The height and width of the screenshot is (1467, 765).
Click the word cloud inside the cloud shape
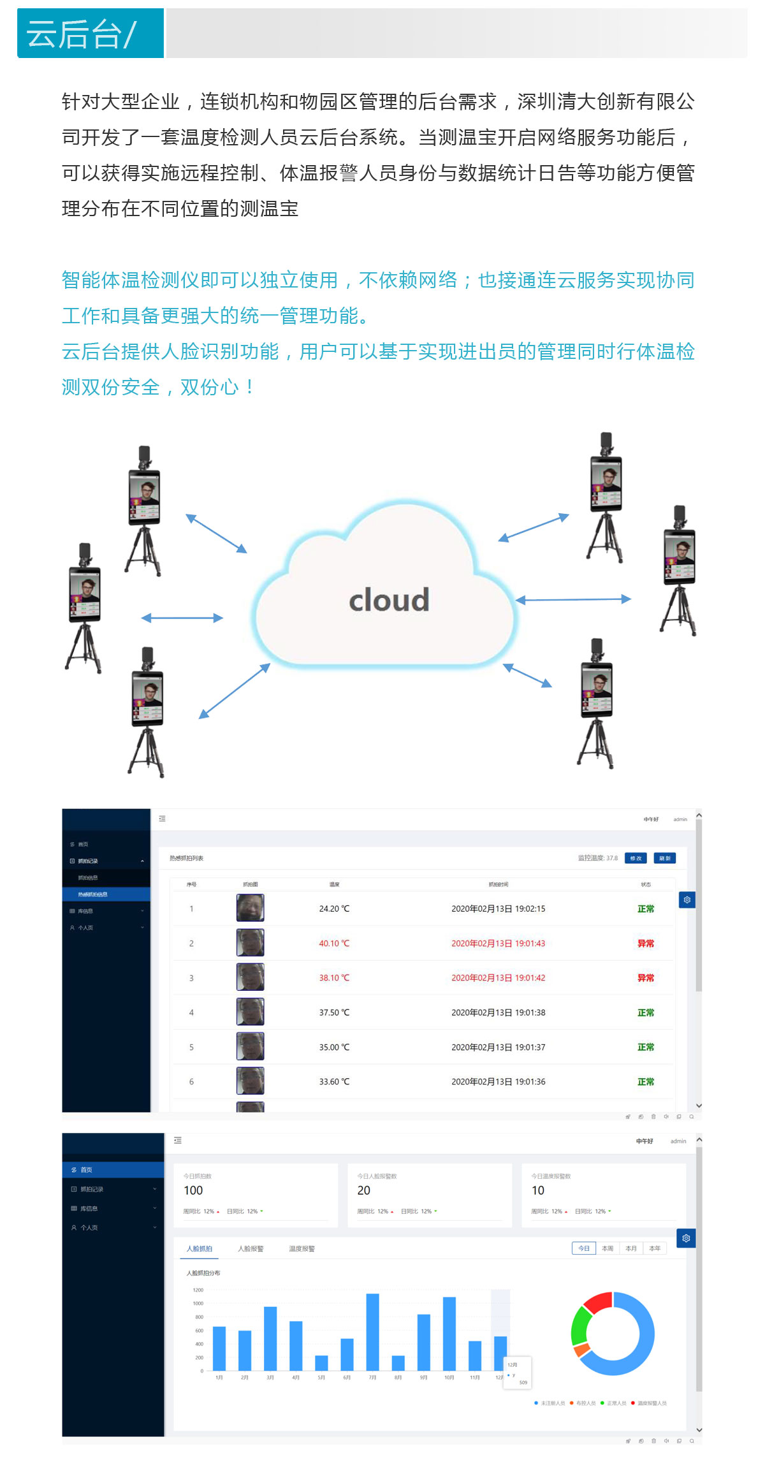point(389,601)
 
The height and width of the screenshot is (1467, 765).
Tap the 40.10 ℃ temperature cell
point(334,944)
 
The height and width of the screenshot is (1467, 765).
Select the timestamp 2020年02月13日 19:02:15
point(498,909)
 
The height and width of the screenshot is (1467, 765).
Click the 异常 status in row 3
point(646,978)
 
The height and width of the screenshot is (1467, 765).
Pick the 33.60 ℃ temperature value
point(334,1082)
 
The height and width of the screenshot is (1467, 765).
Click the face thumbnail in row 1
point(250,908)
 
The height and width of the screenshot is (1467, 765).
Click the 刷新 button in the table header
point(664,858)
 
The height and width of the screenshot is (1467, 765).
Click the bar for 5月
point(321,1362)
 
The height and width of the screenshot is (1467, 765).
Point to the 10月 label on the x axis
point(449,1378)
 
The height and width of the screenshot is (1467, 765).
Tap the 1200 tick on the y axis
point(198,1290)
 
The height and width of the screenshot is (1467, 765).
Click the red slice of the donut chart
point(598,1302)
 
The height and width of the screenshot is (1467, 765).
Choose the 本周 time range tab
point(608,1248)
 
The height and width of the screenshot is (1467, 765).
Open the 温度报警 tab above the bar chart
point(302,1248)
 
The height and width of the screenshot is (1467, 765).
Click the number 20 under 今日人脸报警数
point(364,1190)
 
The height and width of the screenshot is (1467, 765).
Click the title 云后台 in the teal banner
point(74,34)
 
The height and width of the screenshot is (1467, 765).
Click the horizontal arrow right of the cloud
point(573,599)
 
